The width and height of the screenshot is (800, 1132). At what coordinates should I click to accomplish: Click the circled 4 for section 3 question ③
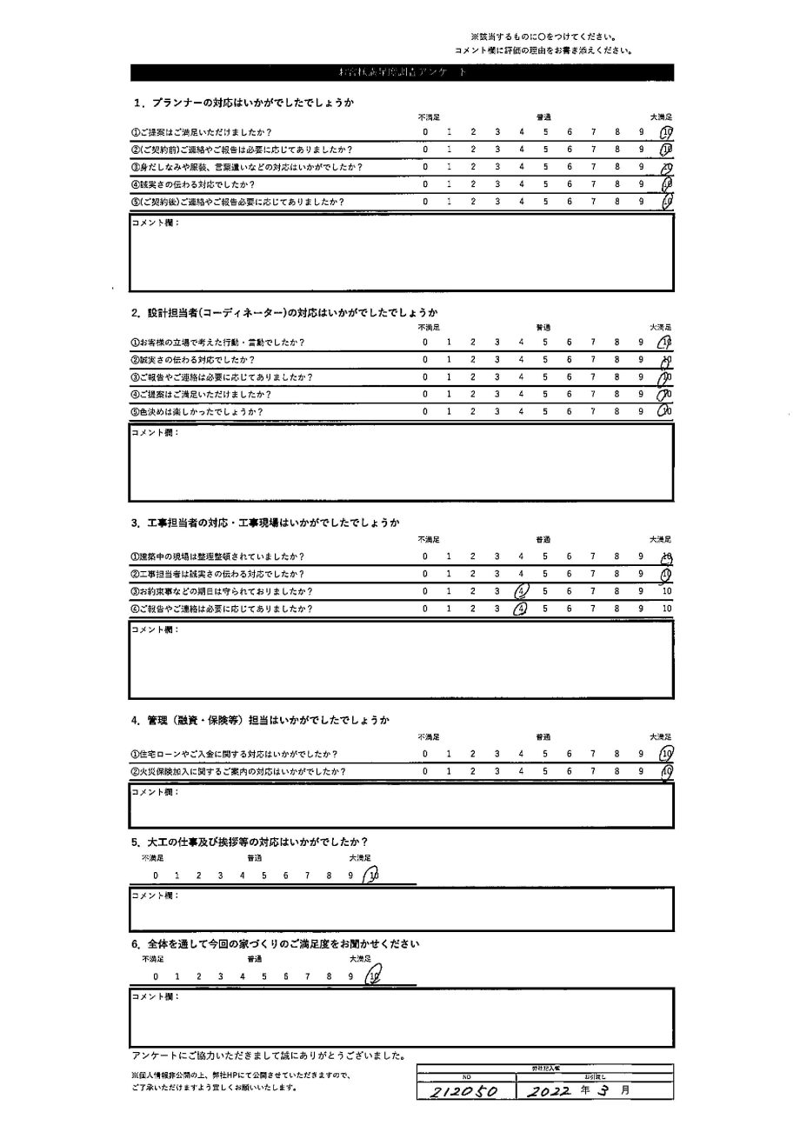521,591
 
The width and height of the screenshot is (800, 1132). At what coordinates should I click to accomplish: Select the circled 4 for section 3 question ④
520,609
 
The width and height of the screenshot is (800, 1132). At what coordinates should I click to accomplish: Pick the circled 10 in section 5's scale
372,876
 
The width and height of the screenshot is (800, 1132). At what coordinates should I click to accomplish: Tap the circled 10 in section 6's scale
373,976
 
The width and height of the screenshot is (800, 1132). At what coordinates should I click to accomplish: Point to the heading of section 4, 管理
259,720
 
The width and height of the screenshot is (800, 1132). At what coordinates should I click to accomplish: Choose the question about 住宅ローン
234,754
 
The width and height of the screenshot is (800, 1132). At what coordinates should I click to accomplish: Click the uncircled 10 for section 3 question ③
667,591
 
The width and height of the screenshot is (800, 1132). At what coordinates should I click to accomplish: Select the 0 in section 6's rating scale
156,976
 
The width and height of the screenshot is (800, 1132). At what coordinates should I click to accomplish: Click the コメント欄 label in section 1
155,223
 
